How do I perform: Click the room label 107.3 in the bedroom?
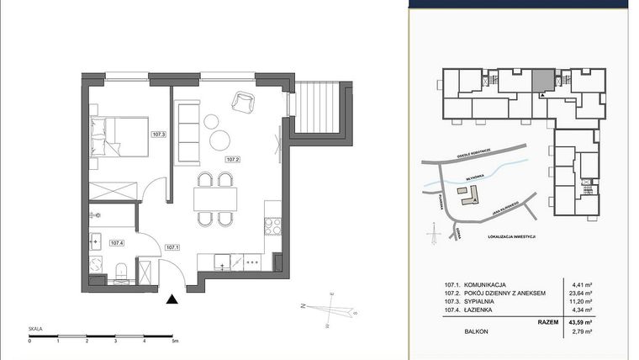pos(158,134)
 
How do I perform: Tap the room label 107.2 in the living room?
pos(233,159)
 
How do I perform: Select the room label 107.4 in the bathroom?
pos(116,243)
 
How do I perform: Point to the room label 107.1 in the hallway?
pos(172,247)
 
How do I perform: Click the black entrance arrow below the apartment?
pos(173,299)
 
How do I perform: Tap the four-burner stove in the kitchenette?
pos(272,225)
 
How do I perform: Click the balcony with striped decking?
pos(318,108)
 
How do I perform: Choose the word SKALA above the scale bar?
pos(36,331)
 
